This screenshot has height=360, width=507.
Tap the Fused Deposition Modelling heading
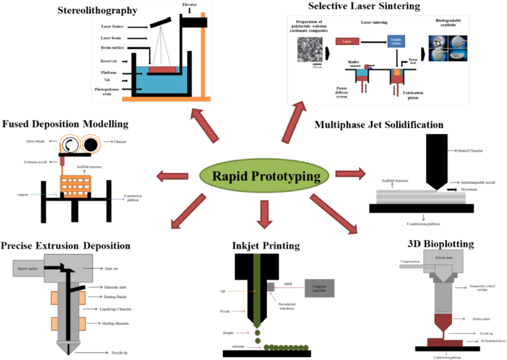tap(66, 124)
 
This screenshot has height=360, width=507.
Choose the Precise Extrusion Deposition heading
tap(66, 245)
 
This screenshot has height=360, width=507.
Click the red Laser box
tap(347, 41)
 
